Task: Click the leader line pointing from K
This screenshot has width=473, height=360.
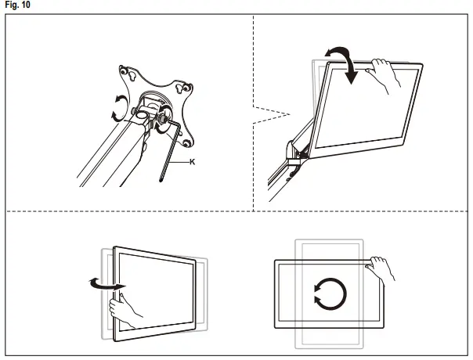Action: point(180,161)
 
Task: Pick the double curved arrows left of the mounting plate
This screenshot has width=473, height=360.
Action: point(117,107)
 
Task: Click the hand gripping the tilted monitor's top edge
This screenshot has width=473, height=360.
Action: point(385,74)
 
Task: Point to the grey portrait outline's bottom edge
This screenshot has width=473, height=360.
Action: point(329,347)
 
